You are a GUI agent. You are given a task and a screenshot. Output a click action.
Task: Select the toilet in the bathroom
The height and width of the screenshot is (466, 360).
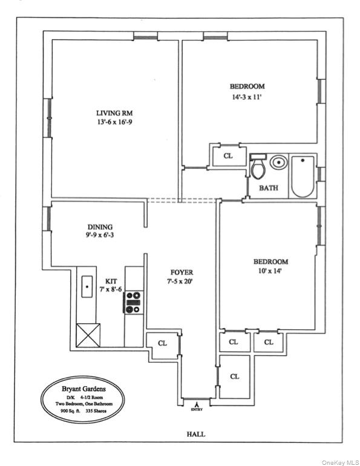(x=258, y=168)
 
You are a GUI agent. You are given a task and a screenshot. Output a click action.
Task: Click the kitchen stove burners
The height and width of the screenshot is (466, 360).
(x=133, y=302)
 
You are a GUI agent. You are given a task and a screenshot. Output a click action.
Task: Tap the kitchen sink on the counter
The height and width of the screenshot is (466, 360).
(x=88, y=284)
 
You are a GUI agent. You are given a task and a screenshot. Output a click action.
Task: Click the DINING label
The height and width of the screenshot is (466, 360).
(x=99, y=227)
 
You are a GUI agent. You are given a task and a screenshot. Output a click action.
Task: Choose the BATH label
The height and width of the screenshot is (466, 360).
(x=269, y=188)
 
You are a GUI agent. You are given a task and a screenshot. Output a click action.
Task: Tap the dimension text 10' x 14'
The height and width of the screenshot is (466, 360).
(x=270, y=272)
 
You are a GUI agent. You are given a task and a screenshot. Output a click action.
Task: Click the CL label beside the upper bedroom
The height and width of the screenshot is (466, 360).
(x=228, y=156)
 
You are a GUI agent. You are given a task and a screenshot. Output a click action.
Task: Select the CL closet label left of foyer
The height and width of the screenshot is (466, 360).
(x=162, y=343)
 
